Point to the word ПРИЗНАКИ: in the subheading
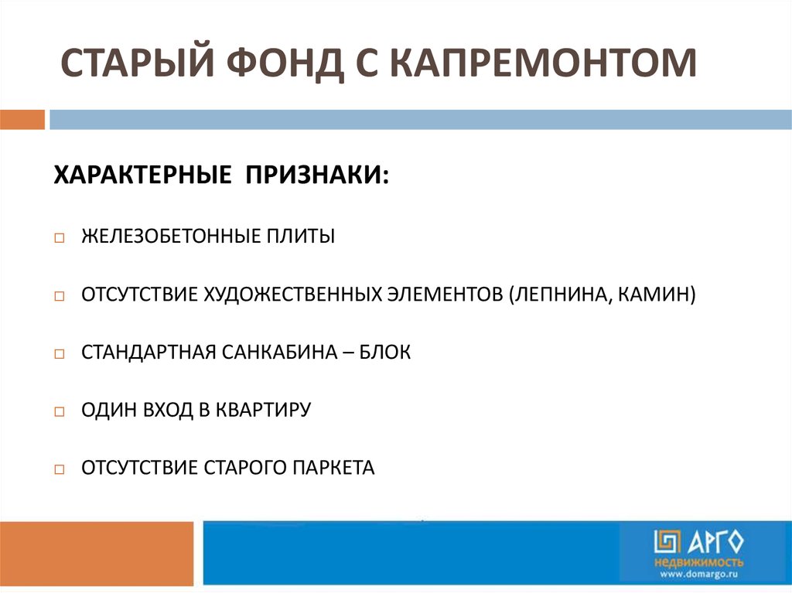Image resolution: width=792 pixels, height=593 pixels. (318, 174)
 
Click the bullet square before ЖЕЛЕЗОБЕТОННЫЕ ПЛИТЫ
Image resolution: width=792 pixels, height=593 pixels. (60, 238)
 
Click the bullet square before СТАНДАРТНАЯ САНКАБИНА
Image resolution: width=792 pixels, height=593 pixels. (60, 355)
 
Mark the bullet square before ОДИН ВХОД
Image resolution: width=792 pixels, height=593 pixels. (60, 412)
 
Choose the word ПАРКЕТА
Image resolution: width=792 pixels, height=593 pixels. (333, 468)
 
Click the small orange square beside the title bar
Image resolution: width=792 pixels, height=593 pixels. (22, 120)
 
